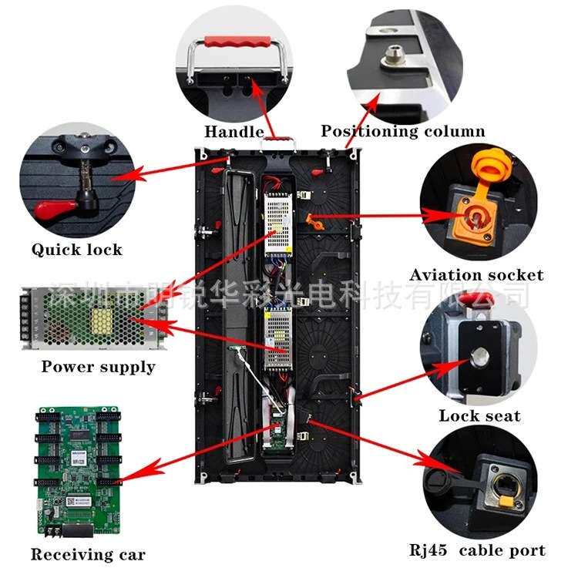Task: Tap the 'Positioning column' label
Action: coord(403,131)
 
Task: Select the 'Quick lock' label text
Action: coord(76,249)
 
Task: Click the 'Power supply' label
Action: coord(98,367)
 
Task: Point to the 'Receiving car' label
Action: coord(87,554)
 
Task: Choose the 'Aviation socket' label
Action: coord(476,275)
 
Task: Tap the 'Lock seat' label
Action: coord(479,416)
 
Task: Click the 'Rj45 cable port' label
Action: coord(477,550)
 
